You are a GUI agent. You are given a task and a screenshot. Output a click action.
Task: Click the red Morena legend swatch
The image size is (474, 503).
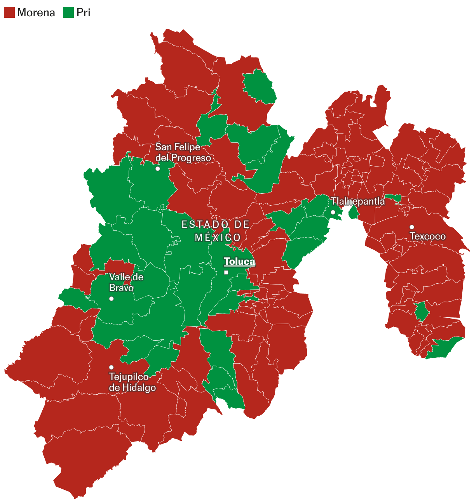click(9, 12)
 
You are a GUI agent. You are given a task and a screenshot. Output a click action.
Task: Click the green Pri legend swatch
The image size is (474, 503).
click(68, 12)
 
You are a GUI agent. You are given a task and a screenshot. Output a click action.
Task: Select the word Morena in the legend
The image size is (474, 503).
click(36, 12)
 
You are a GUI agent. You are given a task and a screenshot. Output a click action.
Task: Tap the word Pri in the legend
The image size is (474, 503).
click(84, 12)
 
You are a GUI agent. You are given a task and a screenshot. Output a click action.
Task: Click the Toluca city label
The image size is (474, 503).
click(239, 262)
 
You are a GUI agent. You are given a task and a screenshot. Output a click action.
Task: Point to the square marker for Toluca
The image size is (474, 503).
click(226, 272)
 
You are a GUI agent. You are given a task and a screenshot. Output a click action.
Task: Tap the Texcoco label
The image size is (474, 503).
click(427, 236)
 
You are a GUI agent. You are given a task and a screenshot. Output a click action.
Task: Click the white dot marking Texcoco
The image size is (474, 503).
click(412, 227)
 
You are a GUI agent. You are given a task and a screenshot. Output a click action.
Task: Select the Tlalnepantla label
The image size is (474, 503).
click(357, 201)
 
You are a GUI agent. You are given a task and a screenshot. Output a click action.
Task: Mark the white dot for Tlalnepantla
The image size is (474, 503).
click(333, 212)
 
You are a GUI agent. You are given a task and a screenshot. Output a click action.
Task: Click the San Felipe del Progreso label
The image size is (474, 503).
click(183, 153)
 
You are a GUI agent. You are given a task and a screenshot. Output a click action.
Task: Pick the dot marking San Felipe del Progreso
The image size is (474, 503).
click(157, 169)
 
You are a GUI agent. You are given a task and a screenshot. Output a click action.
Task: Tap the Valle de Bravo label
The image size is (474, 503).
click(126, 282)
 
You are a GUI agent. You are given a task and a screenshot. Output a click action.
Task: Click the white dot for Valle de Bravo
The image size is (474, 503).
click(112, 298)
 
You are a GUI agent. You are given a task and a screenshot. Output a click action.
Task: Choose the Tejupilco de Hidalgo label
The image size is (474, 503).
click(132, 382)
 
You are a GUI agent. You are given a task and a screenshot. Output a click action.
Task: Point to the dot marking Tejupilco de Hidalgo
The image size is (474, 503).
click(112, 367)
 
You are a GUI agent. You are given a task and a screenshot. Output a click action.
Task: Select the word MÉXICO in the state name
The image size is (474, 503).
click(218, 238)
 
